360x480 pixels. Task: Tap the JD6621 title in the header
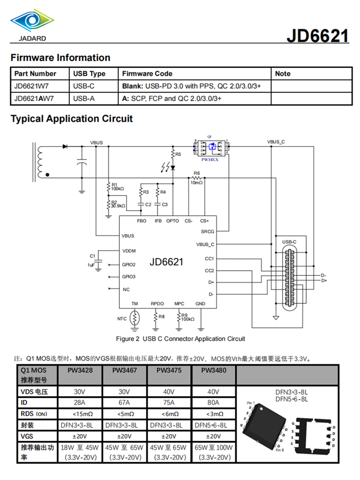pos(317,36)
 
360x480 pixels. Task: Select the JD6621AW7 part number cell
pos(34,99)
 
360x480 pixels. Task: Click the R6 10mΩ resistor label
pos(197,178)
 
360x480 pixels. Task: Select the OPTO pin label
pos(172,221)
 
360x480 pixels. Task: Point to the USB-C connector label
pos(289,241)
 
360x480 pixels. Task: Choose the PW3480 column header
pos(214,371)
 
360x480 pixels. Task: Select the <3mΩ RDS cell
pos(214,414)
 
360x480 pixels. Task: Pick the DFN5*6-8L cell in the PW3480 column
pos(214,425)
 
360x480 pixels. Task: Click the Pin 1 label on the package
pos(251,403)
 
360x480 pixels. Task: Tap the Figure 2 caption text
pos(180,339)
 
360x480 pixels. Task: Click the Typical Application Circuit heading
pos(72,119)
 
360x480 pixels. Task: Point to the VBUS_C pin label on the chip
pos(205,244)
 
